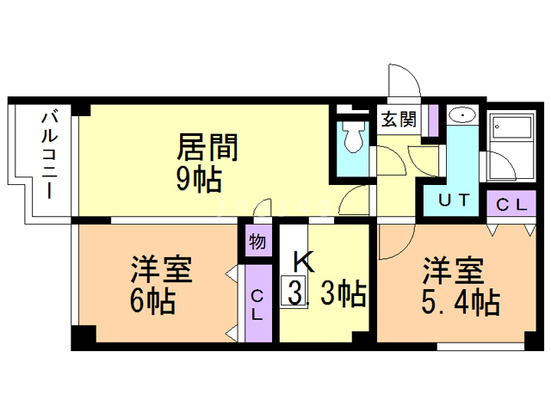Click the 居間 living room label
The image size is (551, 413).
point(207,147)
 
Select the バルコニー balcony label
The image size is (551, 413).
point(50,155)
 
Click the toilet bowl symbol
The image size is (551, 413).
point(354,137)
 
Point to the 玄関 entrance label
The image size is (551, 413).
point(399,120)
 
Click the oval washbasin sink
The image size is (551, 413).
point(462,114)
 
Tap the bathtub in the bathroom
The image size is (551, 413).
point(512,126)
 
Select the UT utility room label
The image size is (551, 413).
point(454,200)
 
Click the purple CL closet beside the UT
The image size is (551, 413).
point(511,203)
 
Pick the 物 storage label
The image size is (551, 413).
point(257,242)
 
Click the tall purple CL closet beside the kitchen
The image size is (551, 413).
point(258,304)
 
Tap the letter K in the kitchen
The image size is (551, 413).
point(303,261)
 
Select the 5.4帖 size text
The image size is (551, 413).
point(461,301)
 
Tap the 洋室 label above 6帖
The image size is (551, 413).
point(162,269)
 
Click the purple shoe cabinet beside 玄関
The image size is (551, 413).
point(434,120)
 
